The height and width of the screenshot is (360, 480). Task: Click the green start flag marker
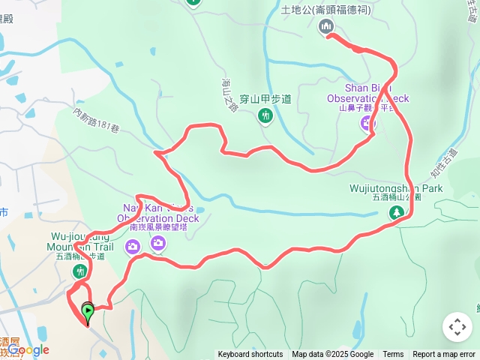pos(88,310)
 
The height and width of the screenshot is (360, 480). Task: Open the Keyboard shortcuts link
pos(250,355)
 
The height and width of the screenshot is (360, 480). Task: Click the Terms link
pos(393,355)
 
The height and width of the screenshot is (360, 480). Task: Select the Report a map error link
pos(444,355)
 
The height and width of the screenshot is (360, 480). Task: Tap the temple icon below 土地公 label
pos(325,27)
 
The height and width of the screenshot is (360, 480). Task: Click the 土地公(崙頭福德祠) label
pos(326,10)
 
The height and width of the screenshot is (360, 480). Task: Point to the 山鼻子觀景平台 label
pos(367,108)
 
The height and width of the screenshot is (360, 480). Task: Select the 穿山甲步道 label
pos(265,98)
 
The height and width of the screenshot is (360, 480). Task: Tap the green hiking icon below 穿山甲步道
pos(265,115)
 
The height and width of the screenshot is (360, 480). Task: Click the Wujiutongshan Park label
pos(396,188)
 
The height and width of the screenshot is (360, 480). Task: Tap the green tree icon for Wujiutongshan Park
pos(396,214)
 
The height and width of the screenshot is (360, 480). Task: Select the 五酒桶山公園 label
pos(396,198)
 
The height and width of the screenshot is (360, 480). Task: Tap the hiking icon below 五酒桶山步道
pos(79,271)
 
